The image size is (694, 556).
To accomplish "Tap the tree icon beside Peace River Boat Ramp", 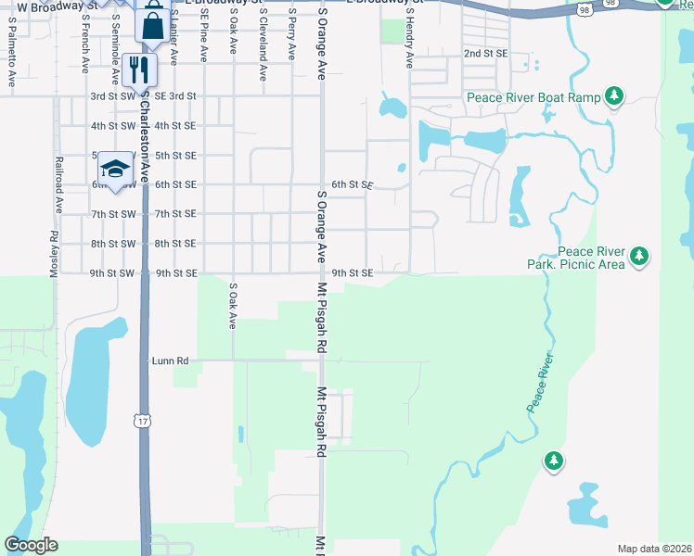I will point(613,95).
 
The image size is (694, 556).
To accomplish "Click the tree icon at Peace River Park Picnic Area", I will point(638,257).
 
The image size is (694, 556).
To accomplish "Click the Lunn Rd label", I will point(170,360).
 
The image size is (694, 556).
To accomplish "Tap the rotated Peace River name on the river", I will point(540,382).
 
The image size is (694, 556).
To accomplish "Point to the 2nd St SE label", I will point(485,54).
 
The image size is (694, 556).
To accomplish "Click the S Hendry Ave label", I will point(408,43).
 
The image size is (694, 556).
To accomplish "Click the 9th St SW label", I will point(112,273).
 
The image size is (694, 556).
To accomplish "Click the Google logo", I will point(31,545).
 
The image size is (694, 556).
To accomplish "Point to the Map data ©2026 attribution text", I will point(654,549).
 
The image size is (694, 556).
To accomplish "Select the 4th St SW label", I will point(112,125).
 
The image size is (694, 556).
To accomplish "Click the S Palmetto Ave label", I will point(11,57).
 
